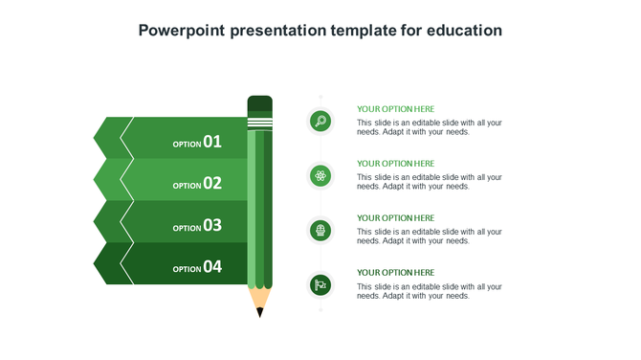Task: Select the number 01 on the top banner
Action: click(212, 142)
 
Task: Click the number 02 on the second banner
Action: click(212, 183)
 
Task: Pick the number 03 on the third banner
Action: click(212, 225)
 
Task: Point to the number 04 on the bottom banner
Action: click(212, 267)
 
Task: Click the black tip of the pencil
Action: click(259, 312)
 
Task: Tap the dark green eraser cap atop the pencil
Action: click(259, 103)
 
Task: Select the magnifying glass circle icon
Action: click(320, 121)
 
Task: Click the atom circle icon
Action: click(320, 175)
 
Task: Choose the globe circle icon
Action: click(320, 230)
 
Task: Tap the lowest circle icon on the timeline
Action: click(320, 284)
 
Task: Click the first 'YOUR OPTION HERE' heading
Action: click(395, 109)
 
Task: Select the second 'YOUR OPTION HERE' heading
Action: click(395, 164)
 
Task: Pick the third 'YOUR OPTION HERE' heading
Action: click(395, 218)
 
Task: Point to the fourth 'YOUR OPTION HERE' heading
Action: click(395, 273)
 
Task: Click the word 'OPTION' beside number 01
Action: click(187, 145)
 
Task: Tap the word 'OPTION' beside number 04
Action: click(187, 270)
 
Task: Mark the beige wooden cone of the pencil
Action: click(259, 298)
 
